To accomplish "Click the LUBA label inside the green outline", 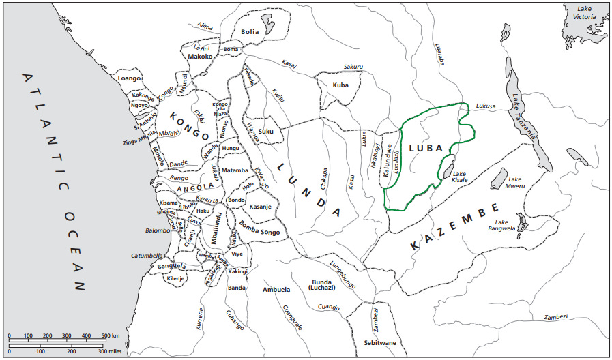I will [426, 148].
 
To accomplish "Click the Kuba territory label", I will [340, 85].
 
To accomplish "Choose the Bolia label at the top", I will [250, 31].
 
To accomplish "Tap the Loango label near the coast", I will [130, 78].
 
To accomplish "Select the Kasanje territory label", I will [261, 207].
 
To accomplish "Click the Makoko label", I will [201, 57].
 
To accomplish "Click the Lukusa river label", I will [485, 106].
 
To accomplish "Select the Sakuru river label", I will [354, 67].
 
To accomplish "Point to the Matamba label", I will [235, 170].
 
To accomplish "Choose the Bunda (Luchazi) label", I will [321, 286].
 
